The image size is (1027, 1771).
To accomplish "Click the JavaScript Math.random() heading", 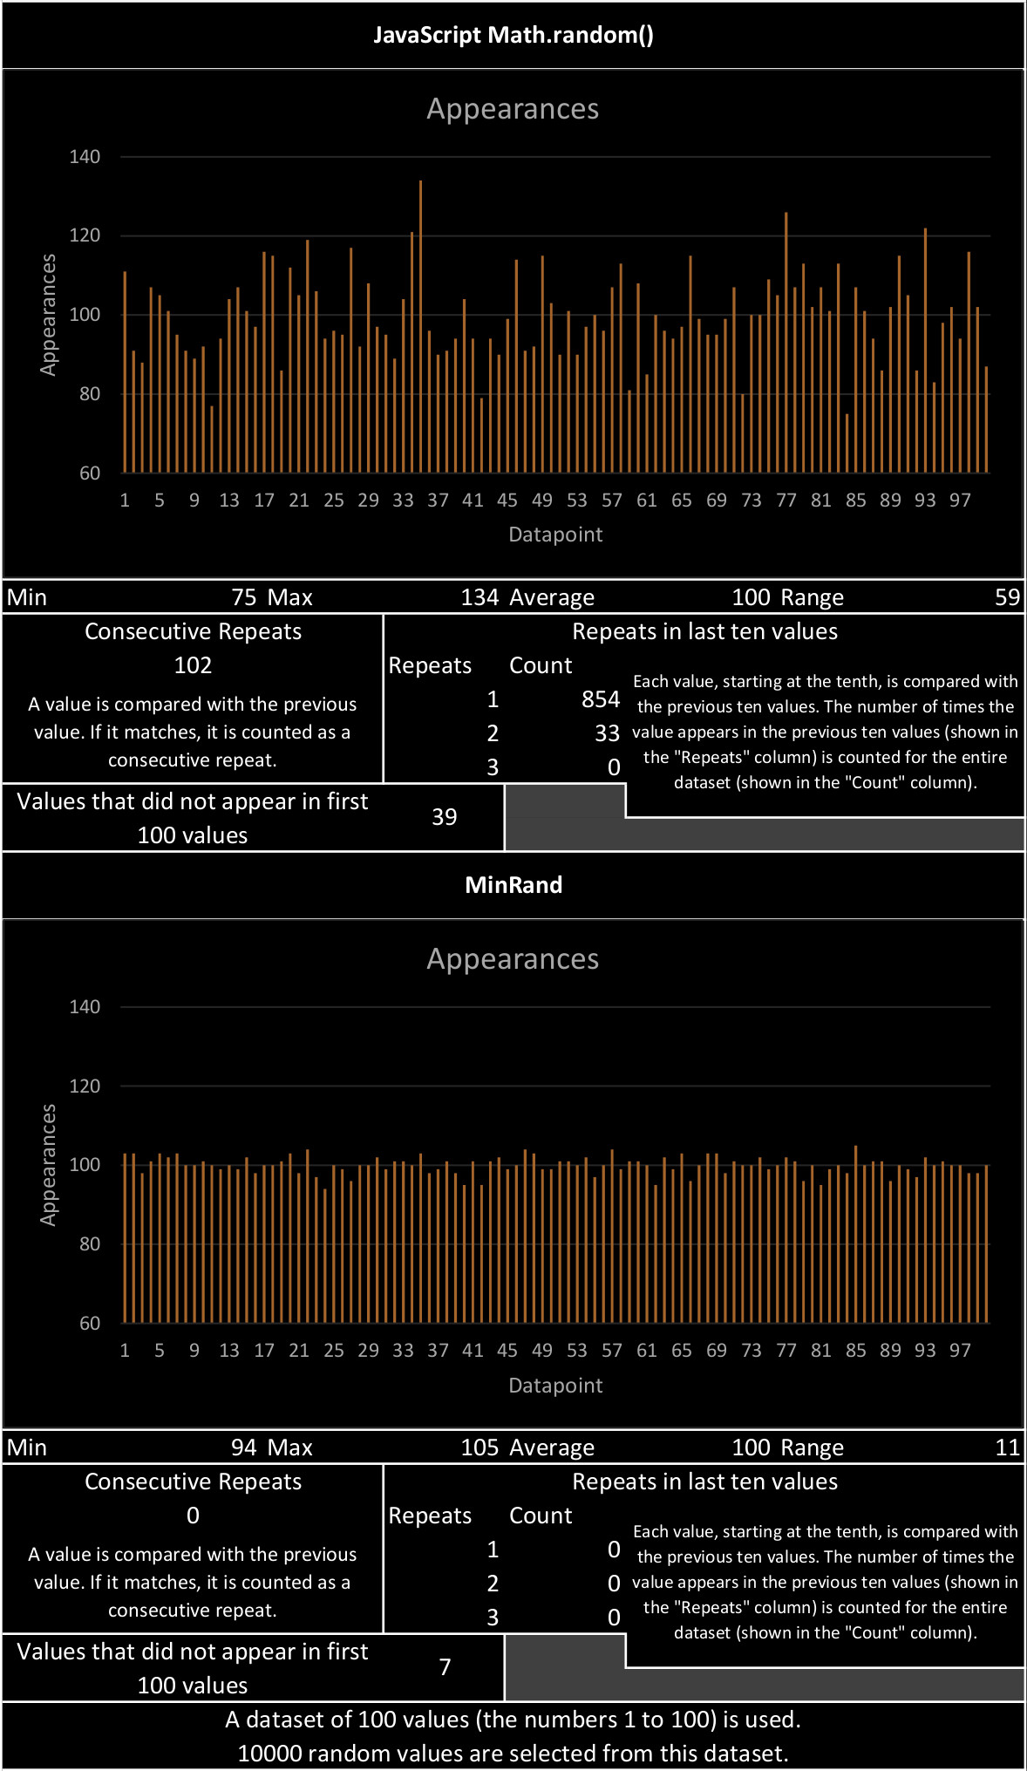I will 513,35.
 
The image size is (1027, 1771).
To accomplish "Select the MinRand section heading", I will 513,885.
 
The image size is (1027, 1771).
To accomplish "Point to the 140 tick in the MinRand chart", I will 85,1007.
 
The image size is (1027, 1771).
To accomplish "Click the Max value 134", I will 479,597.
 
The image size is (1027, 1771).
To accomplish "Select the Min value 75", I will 244,597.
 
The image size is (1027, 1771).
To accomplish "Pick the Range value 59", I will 1007,597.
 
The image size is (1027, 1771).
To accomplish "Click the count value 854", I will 601,699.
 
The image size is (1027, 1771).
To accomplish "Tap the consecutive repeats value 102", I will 193,665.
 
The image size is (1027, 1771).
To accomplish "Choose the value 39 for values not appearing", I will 445,817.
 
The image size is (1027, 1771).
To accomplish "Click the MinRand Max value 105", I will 479,1447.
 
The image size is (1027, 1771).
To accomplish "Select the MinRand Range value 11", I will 1007,1447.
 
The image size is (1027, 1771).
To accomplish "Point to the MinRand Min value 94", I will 244,1447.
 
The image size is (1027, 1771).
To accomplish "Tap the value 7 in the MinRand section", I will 445,1667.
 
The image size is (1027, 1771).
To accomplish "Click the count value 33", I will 607,733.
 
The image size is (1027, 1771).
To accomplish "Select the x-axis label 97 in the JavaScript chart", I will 960,501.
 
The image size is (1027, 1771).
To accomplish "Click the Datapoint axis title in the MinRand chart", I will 555,1386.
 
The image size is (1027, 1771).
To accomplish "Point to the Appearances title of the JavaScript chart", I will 513,109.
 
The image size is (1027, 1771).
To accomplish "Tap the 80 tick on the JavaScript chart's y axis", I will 90,394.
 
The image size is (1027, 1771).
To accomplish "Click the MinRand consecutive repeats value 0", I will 193,1516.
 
